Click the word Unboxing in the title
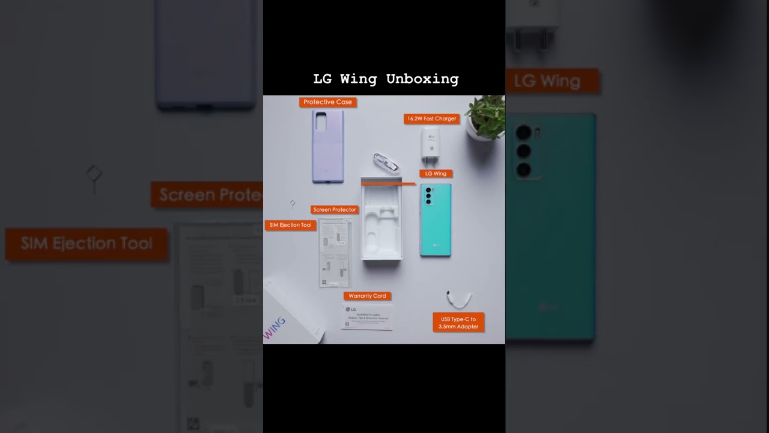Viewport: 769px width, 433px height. [x=422, y=79]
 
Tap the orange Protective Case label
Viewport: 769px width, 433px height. [x=327, y=102]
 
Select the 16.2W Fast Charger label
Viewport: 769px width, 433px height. [x=431, y=119]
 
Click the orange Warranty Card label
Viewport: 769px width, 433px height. [x=367, y=296]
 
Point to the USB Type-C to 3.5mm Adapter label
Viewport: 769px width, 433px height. [x=458, y=322]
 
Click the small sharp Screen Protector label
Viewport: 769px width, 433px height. [x=335, y=210]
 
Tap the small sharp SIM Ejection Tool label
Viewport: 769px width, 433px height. [x=290, y=225]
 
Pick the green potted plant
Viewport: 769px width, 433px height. [x=486, y=117]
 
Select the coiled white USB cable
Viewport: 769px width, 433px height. [x=384, y=161]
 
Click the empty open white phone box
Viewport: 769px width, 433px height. [x=381, y=221]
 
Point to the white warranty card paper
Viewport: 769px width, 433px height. [x=367, y=316]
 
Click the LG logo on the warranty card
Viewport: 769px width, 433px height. [x=351, y=309]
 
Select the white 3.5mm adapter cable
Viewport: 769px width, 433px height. [x=459, y=298]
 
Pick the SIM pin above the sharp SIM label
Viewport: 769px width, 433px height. [x=293, y=204]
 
